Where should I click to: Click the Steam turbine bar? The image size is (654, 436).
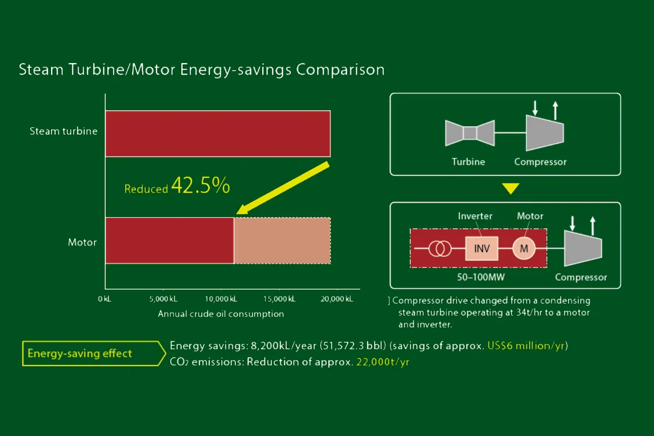point(217,133)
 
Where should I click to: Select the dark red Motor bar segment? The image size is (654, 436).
point(169,240)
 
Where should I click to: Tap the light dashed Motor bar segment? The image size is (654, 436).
point(282,240)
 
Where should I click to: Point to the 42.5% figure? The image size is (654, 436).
point(200,186)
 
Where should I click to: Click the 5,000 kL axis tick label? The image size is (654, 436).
point(163,299)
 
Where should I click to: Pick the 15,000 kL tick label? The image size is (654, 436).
point(280,299)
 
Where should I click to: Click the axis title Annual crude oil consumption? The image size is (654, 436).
point(221,314)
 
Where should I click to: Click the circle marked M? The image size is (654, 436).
point(523,248)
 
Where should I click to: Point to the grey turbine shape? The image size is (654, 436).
point(470,133)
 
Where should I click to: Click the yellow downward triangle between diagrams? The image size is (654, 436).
point(511,189)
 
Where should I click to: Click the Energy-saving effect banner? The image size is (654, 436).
point(80,353)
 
